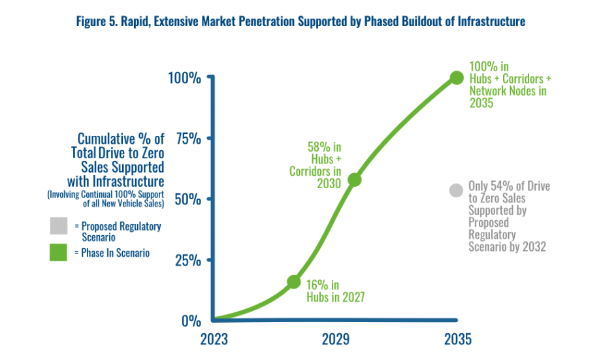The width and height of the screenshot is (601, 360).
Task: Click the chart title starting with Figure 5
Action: (300, 22)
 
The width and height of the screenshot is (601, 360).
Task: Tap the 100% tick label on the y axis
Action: (184, 78)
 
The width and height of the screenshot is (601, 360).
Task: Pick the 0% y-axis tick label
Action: (191, 321)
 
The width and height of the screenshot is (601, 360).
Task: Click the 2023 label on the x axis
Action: (214, 340)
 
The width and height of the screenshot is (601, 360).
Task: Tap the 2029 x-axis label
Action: (336, 340)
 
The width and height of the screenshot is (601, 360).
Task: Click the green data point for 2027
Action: (294, 282)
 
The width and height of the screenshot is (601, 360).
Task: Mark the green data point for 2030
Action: (355, 179)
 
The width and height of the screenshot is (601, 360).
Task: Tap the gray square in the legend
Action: (58, 226)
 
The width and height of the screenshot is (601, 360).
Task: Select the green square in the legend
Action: (58, 252)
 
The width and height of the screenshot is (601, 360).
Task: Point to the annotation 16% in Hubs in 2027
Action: (335, 291)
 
